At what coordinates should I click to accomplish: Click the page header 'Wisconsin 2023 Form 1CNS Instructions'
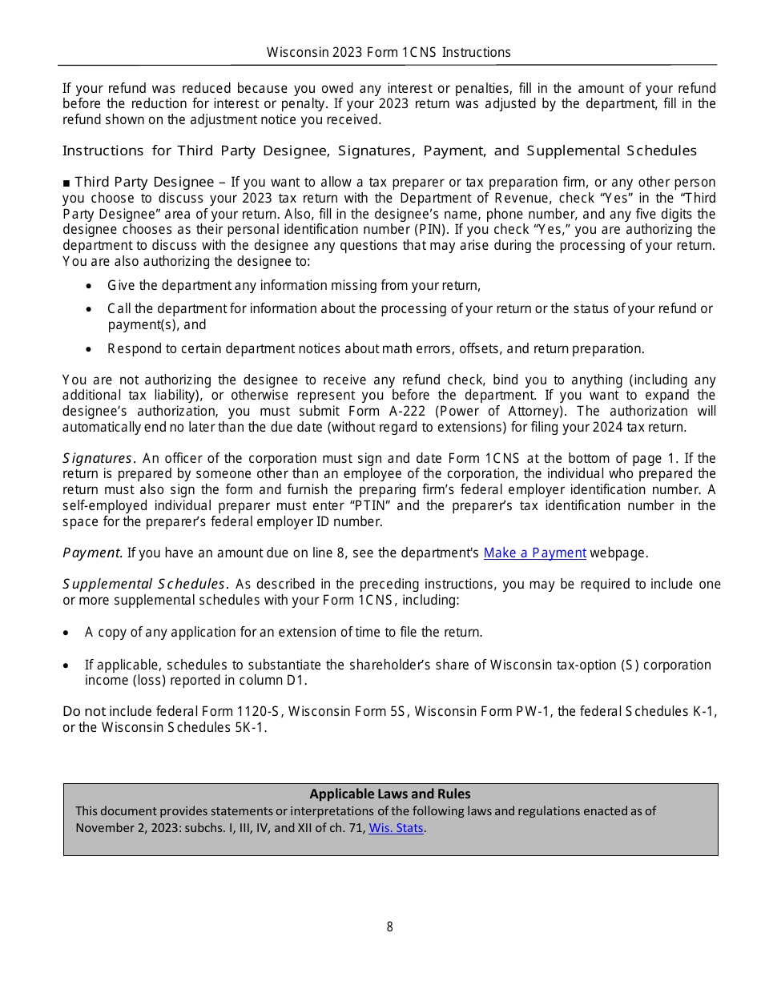click(389, 53)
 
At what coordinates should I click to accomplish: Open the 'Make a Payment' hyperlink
click(534, 553)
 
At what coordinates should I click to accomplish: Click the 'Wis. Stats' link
click(396, 828)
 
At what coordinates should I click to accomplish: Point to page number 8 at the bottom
click(390, 927)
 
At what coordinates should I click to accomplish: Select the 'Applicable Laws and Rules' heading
click(390, 794)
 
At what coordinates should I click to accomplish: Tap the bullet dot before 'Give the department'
click(88, 286)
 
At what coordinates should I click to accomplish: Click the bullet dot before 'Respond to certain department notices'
click(88, 349)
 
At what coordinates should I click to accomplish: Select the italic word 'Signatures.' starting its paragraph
click(99, 459)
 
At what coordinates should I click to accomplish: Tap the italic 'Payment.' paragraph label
click(93, 553)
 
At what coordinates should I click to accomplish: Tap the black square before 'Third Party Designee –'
click(66, 183)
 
